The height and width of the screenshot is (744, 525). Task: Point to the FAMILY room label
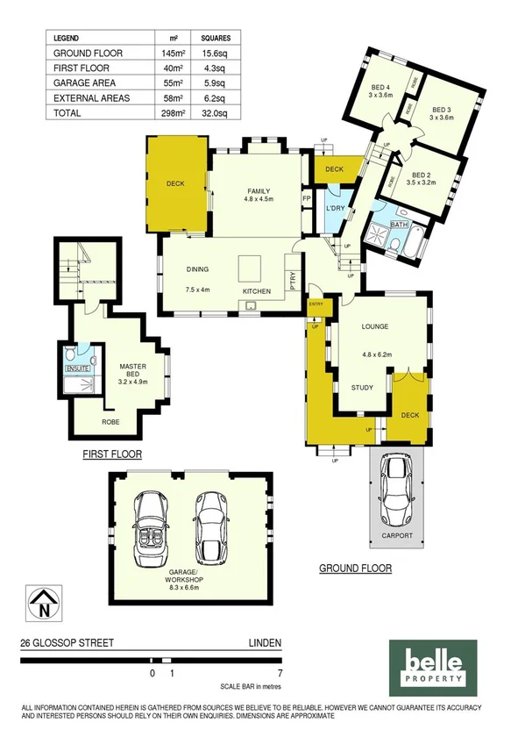258,192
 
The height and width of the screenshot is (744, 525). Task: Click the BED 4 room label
380,88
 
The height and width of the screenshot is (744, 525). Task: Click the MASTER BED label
131,372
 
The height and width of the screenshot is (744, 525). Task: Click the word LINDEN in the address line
266,643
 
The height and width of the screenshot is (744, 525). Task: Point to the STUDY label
363,387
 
